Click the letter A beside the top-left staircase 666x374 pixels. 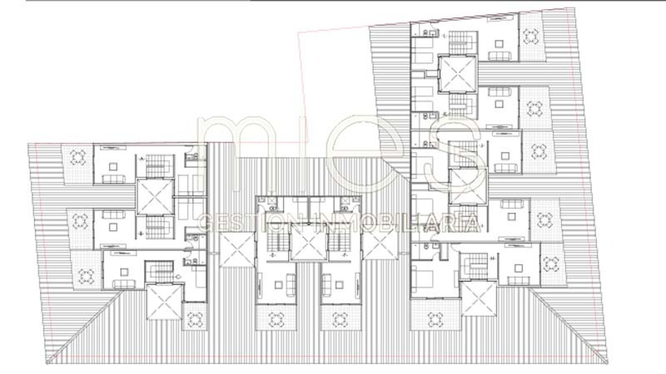[142, 159]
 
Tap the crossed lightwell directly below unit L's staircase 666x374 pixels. [457, 74]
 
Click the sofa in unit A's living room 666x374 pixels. [114, 179]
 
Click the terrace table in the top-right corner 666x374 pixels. [532, 37]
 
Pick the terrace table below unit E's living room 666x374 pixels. [276, 320]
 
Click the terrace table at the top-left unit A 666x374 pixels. [77, 157]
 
